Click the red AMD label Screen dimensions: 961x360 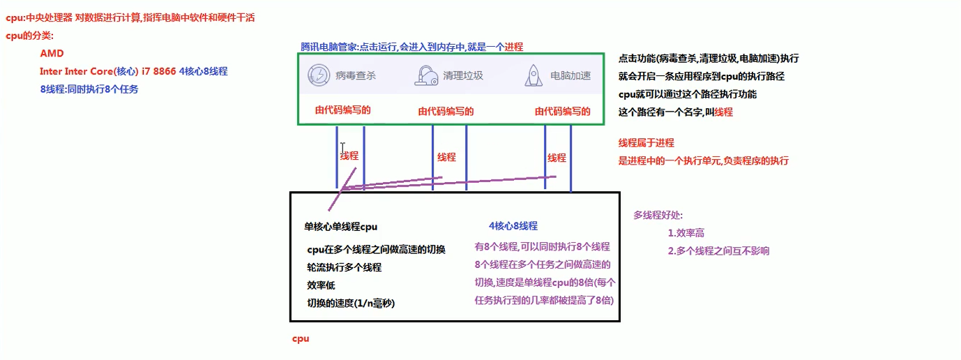52,53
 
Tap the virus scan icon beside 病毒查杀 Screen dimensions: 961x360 319,75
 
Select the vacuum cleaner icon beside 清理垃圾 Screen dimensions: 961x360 426,75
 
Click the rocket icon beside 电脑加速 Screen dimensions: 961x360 534,75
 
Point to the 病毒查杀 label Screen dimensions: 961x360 356,76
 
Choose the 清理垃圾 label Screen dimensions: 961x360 463,76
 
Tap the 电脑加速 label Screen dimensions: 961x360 570,76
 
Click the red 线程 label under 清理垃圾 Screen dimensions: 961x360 446,157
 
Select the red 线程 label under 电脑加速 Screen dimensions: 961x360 557,158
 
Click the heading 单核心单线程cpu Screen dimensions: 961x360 340,227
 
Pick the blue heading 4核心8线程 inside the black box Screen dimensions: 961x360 513,225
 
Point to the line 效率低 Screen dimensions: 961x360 321,285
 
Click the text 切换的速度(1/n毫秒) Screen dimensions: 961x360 351,303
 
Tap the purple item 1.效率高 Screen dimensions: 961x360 686,233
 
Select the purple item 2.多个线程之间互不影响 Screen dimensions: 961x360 718,250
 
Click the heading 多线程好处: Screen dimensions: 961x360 658,215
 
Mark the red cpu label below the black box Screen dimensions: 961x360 301,338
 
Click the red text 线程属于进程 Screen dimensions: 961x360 646,143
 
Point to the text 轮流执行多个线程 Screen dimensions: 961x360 344,267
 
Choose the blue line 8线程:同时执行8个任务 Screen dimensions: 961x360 89,89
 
